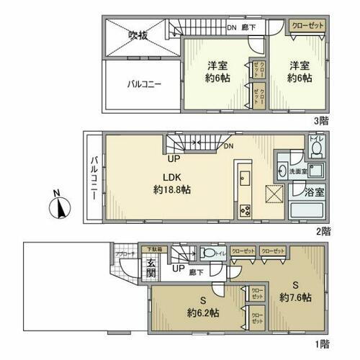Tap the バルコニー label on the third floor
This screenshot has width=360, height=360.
[144, 84]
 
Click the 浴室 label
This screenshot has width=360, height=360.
[315, 193]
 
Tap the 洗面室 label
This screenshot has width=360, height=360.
[297, 173]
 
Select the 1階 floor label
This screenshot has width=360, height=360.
[323, 344]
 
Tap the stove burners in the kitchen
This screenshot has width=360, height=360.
[244, 210]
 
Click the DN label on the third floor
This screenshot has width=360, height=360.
[231, 27]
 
